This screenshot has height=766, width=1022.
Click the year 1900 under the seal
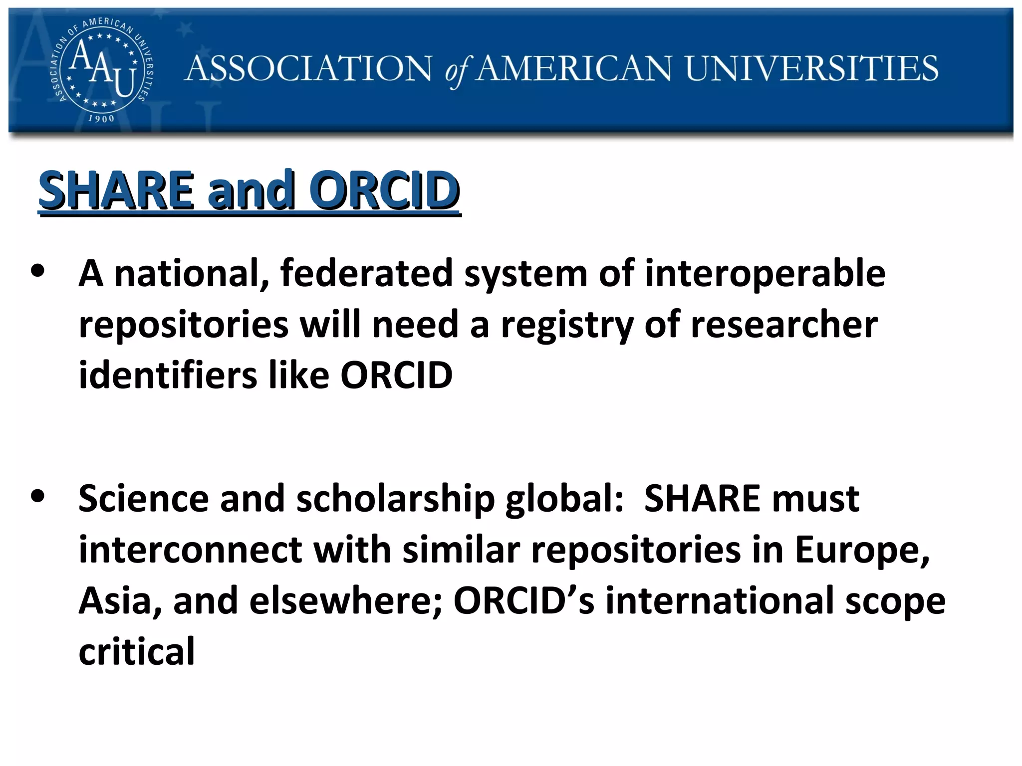click(x=101, y=119)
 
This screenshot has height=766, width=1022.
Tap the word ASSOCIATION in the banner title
click(x=308, y=68)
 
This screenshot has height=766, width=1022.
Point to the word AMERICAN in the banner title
click(x=574, y=68)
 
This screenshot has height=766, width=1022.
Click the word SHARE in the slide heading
click(x=116, y=190)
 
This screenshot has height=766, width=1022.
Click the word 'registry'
click(x=567, y=325)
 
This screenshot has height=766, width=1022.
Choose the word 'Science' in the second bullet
click(x=144, y=498)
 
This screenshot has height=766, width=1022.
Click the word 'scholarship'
click(x=395, y=499)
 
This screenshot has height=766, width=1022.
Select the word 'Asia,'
click(x=120, y=601)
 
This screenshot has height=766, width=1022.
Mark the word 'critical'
click(x=137, y=651)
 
